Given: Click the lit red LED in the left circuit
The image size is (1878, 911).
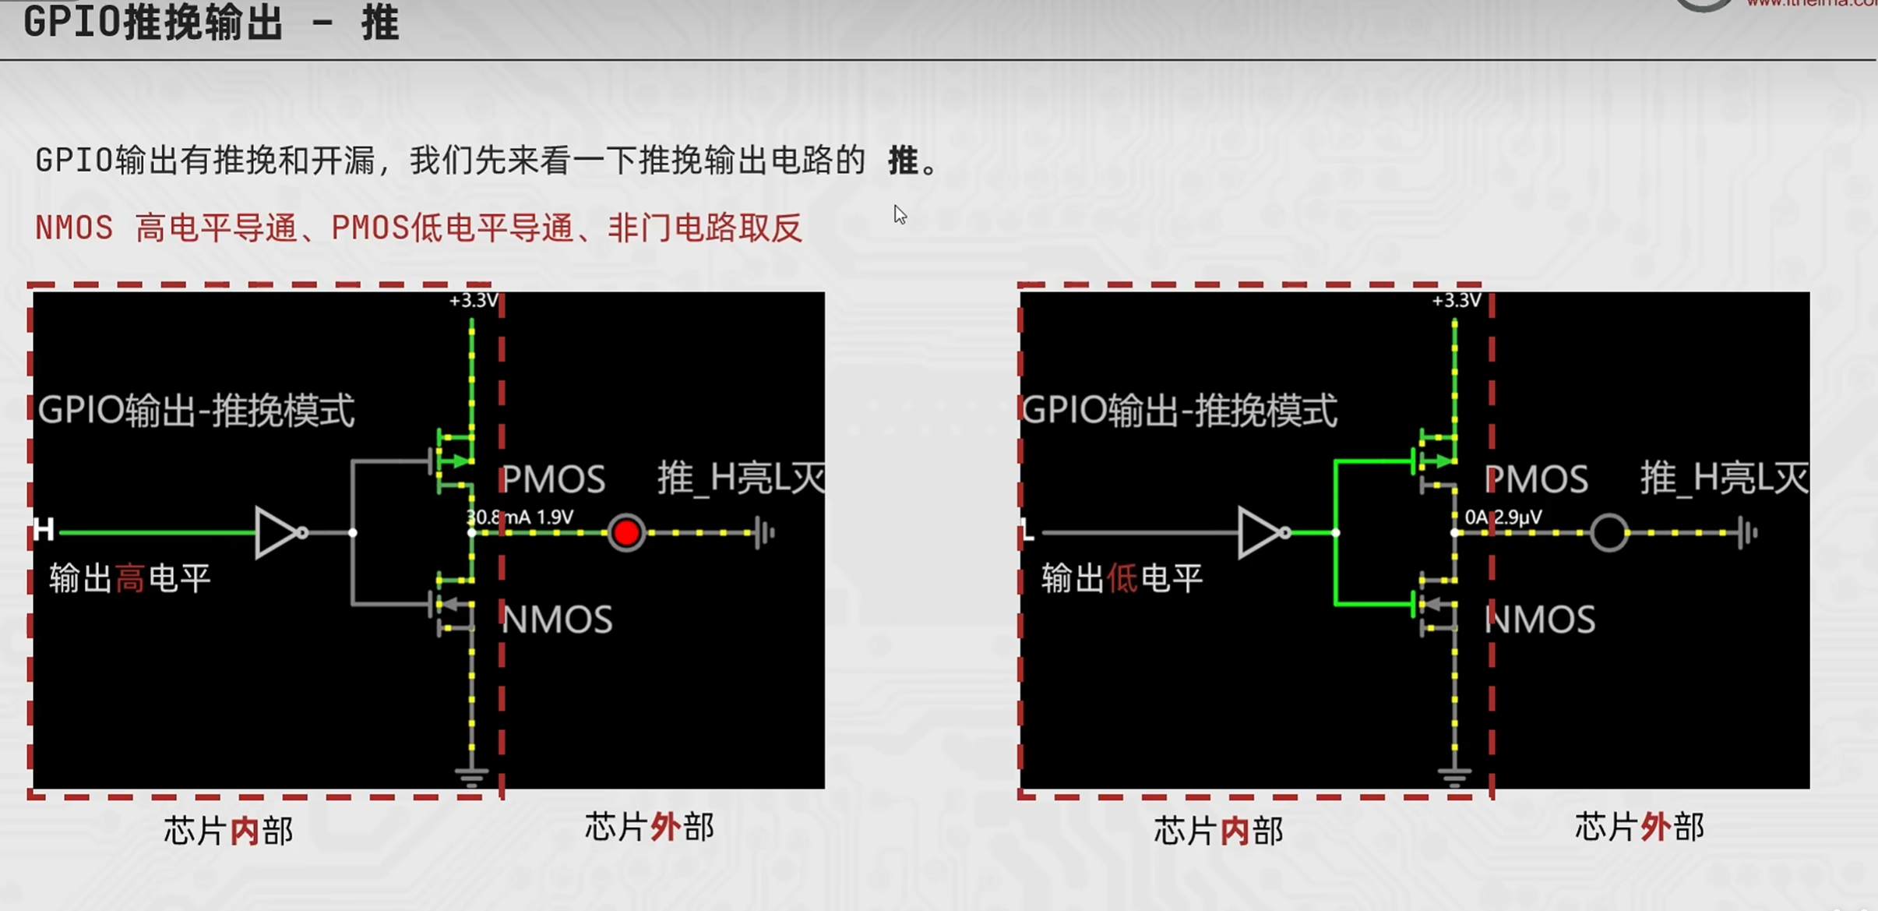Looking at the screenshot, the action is tap(626, 533).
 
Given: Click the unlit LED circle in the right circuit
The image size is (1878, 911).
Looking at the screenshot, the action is tap(1608, 533).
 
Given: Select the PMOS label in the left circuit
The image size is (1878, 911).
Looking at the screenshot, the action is tap(553, 479).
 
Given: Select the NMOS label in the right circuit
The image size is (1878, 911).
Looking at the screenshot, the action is tap(1540, 620).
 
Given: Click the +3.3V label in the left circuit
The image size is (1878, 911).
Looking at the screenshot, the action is tap(473, 301).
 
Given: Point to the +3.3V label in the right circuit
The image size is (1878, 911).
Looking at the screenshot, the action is tap(1456, 301).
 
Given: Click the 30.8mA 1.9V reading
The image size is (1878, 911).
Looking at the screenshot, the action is tap(520, 517).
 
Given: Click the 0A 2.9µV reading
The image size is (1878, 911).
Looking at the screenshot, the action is tap(1503, 517).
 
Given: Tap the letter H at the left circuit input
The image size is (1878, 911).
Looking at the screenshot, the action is tap(44, 530).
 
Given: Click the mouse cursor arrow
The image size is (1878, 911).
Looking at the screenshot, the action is tap(900, 214).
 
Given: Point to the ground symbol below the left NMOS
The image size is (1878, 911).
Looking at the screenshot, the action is tap(471, 777).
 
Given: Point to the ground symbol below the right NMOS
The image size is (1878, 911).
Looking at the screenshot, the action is tap(1454, 777).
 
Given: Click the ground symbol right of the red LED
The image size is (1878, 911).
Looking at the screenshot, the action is tap(765, 533).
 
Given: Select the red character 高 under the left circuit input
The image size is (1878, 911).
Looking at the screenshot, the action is tap(130, 579).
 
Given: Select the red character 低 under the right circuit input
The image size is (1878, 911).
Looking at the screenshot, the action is tap(1122, 579).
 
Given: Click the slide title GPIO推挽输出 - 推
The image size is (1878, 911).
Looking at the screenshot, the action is tap(211, 23).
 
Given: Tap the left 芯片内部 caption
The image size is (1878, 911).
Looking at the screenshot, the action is tap(228, 831).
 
